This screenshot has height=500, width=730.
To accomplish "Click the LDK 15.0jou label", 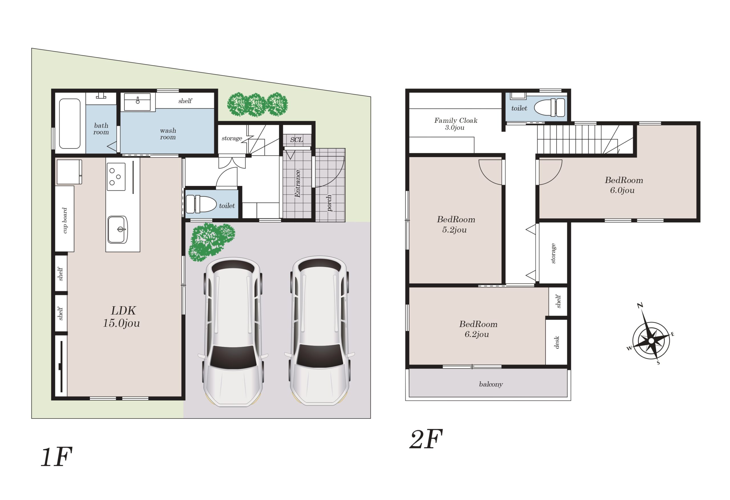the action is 121,317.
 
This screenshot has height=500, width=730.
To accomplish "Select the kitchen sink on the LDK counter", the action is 117,229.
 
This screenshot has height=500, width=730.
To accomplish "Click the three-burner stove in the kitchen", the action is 116,177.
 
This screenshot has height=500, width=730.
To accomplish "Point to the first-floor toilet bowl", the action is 201,204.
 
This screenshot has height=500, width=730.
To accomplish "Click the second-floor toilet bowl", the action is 549,107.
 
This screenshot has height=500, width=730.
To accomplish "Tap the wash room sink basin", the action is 137,102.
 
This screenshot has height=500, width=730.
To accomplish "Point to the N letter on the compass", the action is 640,305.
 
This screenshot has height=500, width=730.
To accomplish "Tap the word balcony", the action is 491,384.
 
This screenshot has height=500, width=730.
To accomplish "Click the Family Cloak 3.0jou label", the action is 455,124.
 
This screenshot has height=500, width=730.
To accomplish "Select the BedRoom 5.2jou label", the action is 456,225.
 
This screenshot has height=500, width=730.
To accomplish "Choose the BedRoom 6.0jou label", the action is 624,185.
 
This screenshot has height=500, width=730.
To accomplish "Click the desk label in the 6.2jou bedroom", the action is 557,342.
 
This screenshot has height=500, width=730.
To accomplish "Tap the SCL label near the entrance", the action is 296,140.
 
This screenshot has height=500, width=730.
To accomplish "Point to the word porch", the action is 329,203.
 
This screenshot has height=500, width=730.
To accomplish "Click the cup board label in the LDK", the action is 65,220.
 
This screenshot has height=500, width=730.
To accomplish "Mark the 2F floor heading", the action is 426,439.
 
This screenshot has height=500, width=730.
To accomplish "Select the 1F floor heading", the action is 56,457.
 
